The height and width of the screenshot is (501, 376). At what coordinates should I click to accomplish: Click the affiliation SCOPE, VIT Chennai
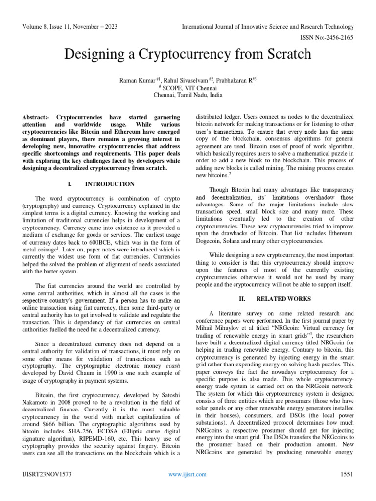tap(188, 88)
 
